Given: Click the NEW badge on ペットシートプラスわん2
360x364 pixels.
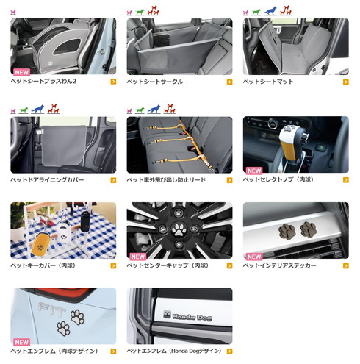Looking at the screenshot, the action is pos(22,72).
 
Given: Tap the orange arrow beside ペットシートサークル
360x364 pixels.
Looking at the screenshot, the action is pos(229,82).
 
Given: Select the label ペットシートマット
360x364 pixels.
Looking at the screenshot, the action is pos(268,82).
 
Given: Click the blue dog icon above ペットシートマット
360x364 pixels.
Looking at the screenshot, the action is pos(270,11).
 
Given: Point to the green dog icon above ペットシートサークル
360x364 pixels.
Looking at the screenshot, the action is pos(140,12).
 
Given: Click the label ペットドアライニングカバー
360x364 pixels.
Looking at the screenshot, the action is pos(47,180).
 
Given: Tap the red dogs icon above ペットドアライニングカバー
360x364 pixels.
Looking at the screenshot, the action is pos(53,109).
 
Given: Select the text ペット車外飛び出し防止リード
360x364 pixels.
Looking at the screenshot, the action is pos(166,180).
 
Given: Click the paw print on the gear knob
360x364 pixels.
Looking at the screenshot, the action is pos(290,129).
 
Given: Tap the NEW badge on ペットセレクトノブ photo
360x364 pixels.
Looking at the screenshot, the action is pos(254,171).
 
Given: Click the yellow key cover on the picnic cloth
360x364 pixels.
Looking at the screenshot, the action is pos(40,244).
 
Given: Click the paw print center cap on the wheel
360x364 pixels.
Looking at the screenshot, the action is pos(179,229).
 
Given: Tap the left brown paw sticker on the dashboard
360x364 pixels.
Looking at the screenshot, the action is pos(287,231).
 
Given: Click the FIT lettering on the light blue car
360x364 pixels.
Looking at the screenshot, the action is pos(51,309).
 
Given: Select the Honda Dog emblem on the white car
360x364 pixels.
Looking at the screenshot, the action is pos(187,316).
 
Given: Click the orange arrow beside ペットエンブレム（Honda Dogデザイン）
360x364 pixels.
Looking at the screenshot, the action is pos(229,351).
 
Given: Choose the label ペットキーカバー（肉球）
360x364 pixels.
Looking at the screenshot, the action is pos(43,265).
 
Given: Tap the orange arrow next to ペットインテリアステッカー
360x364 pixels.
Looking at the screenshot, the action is pos(346,265).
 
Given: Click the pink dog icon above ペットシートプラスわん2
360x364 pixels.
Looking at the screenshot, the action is pos(13,13).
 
